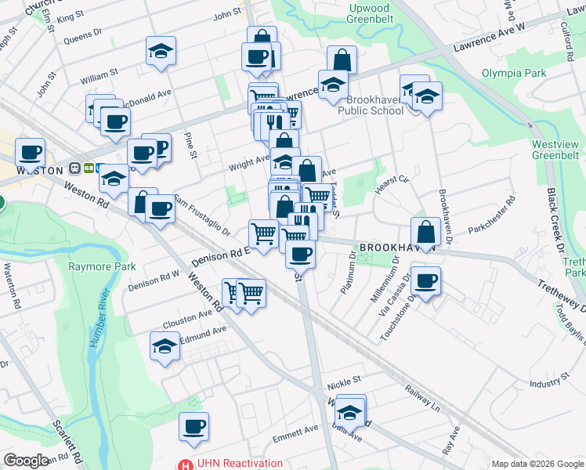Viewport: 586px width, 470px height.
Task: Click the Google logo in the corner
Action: [27, 461]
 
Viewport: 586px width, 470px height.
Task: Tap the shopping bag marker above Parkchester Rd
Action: [425, 231]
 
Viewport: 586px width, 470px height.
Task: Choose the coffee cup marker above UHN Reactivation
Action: [194, 426]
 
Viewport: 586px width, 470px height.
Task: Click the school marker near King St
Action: [161, 51]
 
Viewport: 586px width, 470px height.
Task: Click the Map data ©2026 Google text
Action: [537, 464]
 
